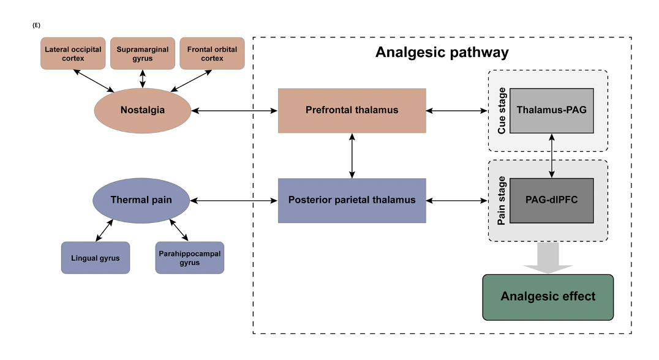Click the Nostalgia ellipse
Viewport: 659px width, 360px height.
coord(142,111)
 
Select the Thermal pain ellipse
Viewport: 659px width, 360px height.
coord(141,200)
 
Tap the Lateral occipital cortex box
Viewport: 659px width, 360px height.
coord(73,53)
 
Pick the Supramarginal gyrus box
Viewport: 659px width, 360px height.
coord(143,53)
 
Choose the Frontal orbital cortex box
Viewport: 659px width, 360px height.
coord(212,53)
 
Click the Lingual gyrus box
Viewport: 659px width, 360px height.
coord(96,258)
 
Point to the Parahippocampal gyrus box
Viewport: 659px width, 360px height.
coord(189,258)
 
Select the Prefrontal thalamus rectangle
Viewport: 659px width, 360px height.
coord(352,111)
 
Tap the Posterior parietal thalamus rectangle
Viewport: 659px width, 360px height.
coord(352,200)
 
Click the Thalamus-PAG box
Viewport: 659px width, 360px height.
coord(551,111)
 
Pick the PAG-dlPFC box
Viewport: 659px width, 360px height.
coord(551,200)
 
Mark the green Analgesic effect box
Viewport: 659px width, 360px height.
coord(548,297)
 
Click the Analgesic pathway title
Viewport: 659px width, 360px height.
coord(442,53)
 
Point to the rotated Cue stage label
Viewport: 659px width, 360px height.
coord(502,111)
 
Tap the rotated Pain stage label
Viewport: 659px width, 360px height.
coord(502,201)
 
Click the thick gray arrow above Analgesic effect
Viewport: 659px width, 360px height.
coord(548,258)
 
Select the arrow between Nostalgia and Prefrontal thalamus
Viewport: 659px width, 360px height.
coord(235,111)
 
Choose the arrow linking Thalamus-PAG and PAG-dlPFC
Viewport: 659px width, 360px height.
coord(553,156)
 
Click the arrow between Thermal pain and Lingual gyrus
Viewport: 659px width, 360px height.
coord(105,232)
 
